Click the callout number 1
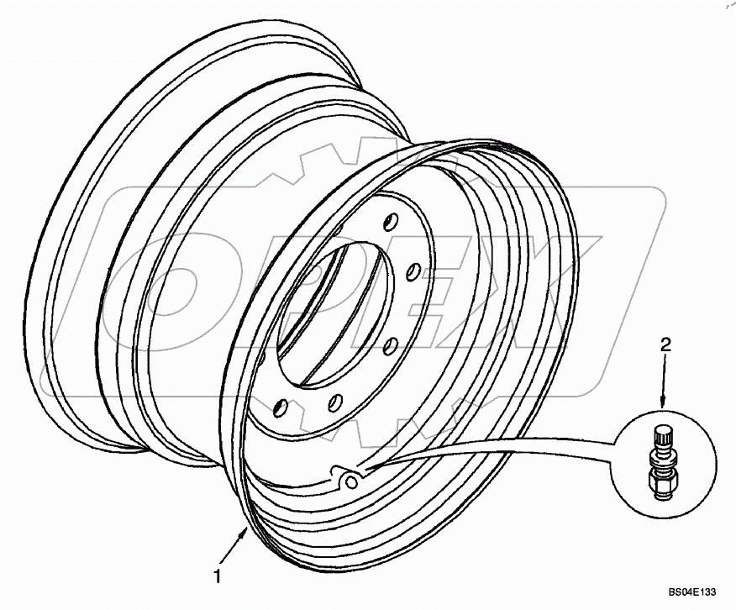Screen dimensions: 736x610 (218, 576)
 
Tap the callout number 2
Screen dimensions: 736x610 (665, 344)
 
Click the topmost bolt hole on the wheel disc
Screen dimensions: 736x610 (388, 223)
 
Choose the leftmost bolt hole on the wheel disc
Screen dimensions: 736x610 (281, 408)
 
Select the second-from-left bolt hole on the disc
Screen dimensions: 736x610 (334, 401)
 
